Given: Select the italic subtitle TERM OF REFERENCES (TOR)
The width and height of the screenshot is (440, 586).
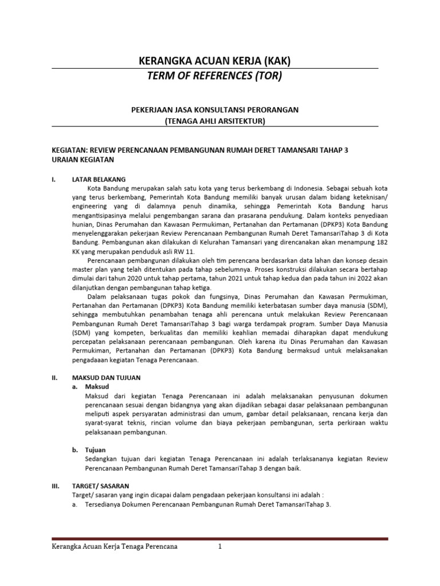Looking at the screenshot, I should [215, 76].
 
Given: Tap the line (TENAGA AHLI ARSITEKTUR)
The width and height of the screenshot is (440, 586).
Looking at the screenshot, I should [215, 120].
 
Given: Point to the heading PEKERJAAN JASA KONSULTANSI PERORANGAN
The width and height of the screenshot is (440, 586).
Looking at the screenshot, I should [215, 109].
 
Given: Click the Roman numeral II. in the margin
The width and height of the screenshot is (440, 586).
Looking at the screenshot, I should [55, 378].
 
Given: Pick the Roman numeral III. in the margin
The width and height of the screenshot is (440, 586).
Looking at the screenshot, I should [56, 486].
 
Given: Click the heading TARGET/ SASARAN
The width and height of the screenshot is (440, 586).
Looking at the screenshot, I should [99, 486].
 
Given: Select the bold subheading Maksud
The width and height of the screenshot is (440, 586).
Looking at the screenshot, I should [96, 387].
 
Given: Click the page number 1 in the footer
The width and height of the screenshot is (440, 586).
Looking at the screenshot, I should [219, 547].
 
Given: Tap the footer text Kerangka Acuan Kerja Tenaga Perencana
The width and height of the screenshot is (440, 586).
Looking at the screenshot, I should [115, 547].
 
